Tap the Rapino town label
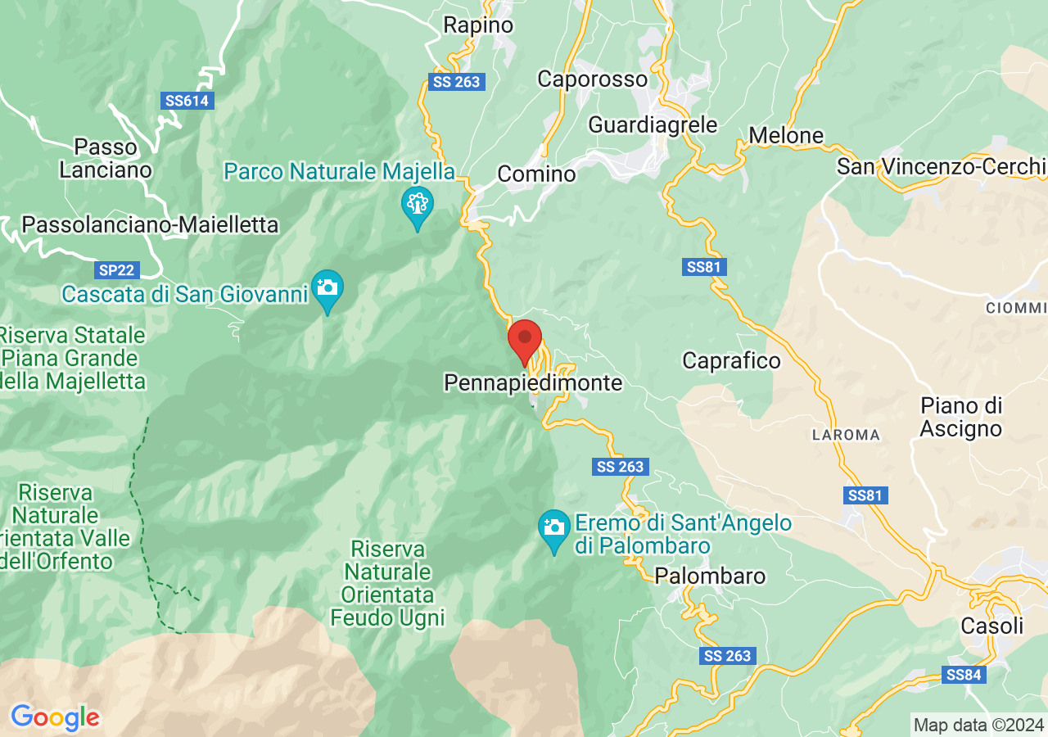point(478,25)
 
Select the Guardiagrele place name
point(653,124)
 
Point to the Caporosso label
point(592,79)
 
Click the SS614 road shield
point(187,101)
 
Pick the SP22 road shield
point(116,269)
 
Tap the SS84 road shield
point(964,675)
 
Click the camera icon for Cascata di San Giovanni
point(327,287)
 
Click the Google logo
point(55,718)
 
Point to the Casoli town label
point(992,626)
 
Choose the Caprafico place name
point(731,360)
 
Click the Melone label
point(786,135)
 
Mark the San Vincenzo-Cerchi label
point(941,166)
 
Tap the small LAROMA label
point(846,435)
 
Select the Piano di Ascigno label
point(961,417)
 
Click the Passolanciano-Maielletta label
point(150,224)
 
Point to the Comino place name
point(536,174)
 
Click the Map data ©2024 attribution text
point(978,725)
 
